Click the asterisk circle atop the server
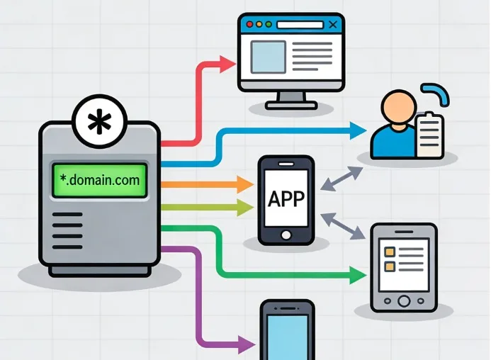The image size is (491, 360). pyautogui.click(x=100, y=122)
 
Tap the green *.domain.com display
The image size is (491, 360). pyautogui.click(x=100, y=180)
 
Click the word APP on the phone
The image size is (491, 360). pyautogui.click(x=286, y=198)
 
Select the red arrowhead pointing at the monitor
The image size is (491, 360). pyautogui.click(x=227, y=64)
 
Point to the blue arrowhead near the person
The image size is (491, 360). pyautogui.click(x=358, y=130)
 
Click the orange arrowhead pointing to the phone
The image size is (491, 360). pyautogui.click(x=245, y=184)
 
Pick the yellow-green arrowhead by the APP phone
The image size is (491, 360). pyautogui.click(x=245, y=208)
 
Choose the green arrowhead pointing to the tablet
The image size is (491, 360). pyautogui.click(x=358, y=276)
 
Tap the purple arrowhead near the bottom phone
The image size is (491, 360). pyautogui.click(x=247, y=344)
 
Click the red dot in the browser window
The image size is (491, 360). pyautogui.click(x=249, y=24)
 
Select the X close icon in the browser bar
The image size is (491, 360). pyautogui.click(x=333, y=24)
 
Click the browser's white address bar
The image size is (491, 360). pyautogui.click(x=300, y=24)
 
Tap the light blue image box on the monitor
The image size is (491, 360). pyautogui.click(x=269, y=57)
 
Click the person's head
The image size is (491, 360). pyautogui.click(x=399, y=107)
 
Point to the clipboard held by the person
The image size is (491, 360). pyautogui.click(x=430, y=135)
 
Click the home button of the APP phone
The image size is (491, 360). pyautogui.click(x=286, y=235)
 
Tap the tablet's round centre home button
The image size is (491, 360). pyautogui.click(x=404, y=301)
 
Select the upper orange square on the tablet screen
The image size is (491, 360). pyautogui.click(x=390, y=252)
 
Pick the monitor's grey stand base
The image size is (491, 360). pyautogui.click(x=291, y=106)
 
